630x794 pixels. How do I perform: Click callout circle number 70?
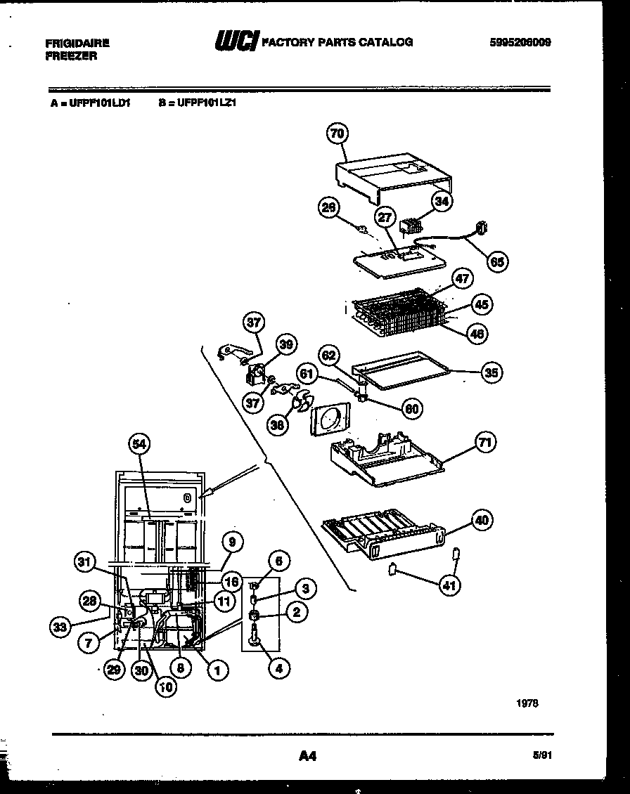pyautogui.click(x=339, y=133)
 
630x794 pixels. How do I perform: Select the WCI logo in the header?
pyautogui.click(x=237, y=41)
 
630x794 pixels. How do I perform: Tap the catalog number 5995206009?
pyautogui.click(x=520, y=42)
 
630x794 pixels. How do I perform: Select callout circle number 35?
pyautogui.click(x=491, y=372)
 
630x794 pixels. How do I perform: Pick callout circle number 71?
pyautogui.click(x=485, y=442)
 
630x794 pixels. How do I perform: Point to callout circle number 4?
pyautogui.click(x=279, y=669)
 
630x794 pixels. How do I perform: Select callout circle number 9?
pyautogui.click(x=232, y=541)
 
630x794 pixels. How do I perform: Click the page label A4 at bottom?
pyautogui.click(x=307, y=756)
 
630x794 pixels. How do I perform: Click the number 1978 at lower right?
pyautogui.click(x=527, y=703)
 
